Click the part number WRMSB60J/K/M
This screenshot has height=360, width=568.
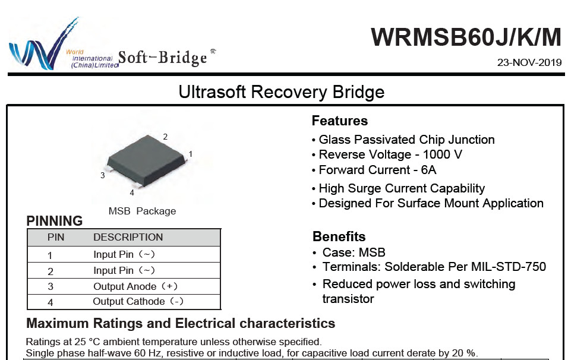[x=466, y=37]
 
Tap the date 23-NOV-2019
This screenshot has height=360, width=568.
[x=529, y=62]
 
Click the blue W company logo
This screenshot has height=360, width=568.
[x=43, y=44]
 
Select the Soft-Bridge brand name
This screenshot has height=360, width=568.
[x=163, y=57]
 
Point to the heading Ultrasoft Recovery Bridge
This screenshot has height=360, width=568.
[x=282, y=91]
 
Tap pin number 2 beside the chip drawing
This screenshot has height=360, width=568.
[x=165, y=137]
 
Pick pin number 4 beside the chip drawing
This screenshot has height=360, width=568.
[x=132, y=192]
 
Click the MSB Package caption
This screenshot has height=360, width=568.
[x=143, y=211]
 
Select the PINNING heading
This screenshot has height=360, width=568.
[x=54, y=221]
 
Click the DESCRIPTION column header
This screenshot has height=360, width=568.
[x=128, y=237]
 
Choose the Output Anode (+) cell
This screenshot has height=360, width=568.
[x=135, y=286]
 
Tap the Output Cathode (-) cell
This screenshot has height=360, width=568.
[x=138, y=301]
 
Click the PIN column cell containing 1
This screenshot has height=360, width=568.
[x=50, y=255]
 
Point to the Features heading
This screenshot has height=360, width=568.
[x=340, y=121]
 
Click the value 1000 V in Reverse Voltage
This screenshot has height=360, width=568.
[x=442, y=154]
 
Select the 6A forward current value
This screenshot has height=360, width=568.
[x=428, y=170]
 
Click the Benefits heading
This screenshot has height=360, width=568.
[x=339, y=236]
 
